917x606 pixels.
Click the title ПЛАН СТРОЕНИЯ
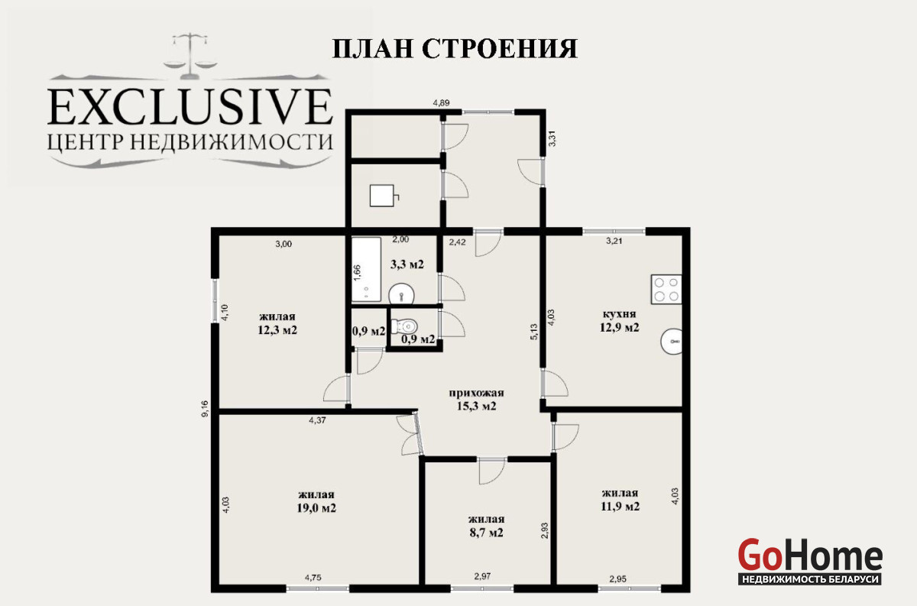[455, 49]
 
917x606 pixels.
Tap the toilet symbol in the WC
[405, 326]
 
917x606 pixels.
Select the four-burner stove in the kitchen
[666, 289]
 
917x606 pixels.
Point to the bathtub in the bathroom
[366, 270]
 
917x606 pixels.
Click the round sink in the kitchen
[672, 341]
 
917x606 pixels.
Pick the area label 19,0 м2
[316, 508]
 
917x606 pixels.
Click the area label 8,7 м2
[486, 533]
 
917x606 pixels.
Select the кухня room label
[620, 314]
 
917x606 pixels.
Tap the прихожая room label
[477, 393]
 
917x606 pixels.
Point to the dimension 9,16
[205, 408]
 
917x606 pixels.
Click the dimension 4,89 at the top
[442, 103]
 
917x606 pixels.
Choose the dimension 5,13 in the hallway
[534, 332]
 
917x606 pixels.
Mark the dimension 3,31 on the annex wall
[552, 138]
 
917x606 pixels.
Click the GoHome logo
[810, 561]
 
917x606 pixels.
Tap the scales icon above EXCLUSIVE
[190, 56]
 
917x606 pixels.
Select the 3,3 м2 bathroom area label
[407, 264]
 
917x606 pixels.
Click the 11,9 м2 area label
[620, 507]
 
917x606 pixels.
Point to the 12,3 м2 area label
[277, 330]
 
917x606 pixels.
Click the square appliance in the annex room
[384, 196]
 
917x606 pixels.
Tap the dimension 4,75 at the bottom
[313, 578]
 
